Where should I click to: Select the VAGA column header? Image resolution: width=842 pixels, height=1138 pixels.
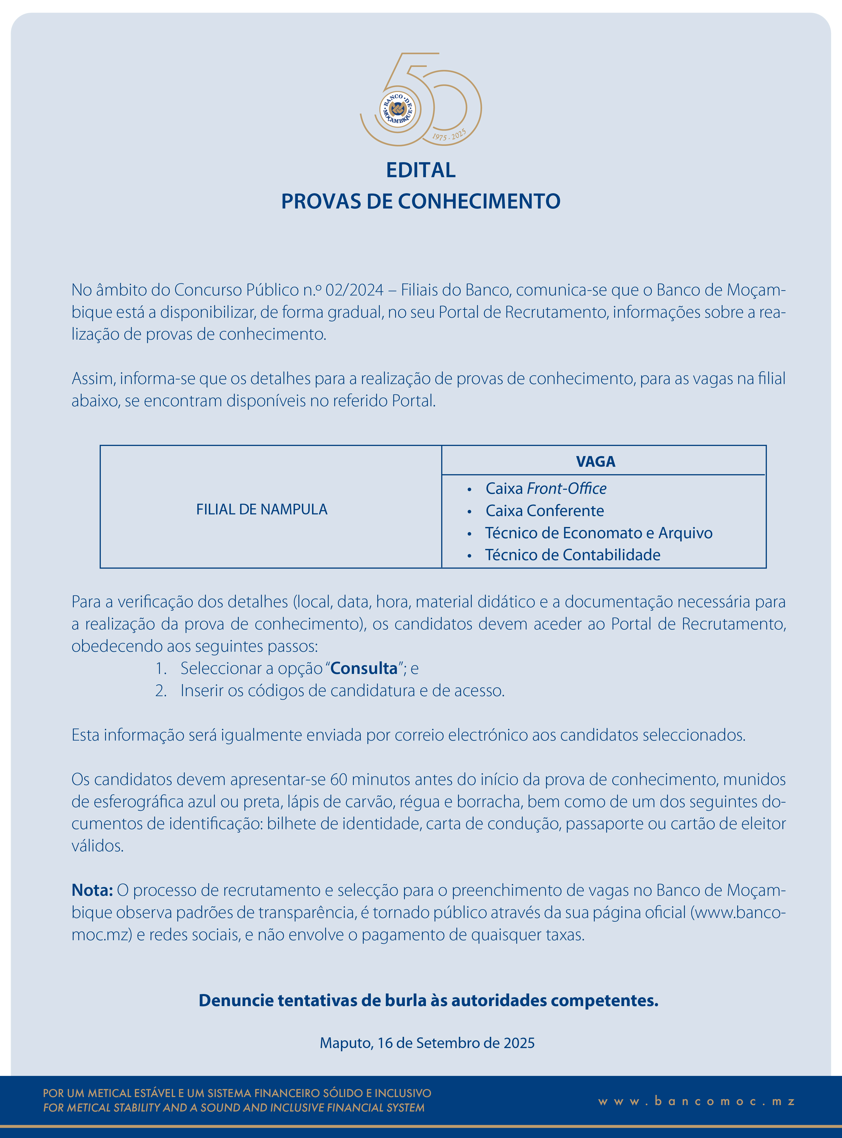[x=595, y=462]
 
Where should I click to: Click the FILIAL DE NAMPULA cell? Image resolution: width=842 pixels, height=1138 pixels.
[x=262, y=509]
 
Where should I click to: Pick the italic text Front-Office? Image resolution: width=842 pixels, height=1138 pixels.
[x=566, y=489]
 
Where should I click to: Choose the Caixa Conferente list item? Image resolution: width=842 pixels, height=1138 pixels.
[x=544, y=511]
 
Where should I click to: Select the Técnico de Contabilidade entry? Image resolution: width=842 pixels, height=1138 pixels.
[x=572, y=555]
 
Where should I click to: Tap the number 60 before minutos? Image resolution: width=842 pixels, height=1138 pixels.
[x=339, y=779]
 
